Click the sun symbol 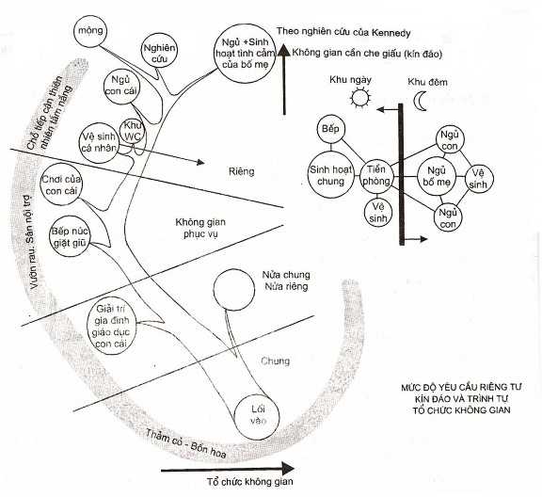(360, 98)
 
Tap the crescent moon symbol (420, 101)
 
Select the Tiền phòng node (376, 175)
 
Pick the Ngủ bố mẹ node (437, 176)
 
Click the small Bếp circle (331, 129)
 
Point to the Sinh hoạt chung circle (331, 175)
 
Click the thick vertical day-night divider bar (401, 174)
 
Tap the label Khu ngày (350, 80)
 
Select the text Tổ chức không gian (250, 481)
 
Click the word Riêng (241, 171)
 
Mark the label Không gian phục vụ (200, 228)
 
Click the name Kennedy (391, 33)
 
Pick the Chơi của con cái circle (61, 185)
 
